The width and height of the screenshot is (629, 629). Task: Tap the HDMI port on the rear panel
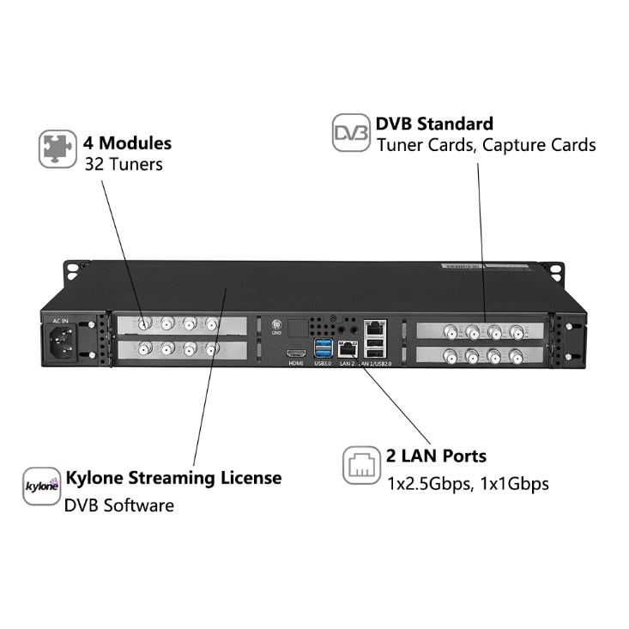(x=296, y=353)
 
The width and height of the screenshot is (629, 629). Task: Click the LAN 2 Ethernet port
(x=346, y=348)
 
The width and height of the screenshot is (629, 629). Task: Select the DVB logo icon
(x=350, y=134)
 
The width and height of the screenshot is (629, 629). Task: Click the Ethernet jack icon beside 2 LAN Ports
(x=360, y=466)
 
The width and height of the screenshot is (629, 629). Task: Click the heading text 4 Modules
(x=127, y=142)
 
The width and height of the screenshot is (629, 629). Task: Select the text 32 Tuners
(x=124, y=163)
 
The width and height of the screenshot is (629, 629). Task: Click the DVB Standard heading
(x=434, y=124)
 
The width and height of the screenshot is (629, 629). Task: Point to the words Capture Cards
(x=539, y=145)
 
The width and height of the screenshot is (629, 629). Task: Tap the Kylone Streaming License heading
(x=173, y=477)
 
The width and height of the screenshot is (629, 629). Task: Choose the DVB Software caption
(x=118, y=505)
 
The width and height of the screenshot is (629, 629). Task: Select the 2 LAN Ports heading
(x=437, y=456)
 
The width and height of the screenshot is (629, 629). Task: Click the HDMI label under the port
(x=296, y=364)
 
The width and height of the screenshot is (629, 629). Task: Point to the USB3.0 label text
(x=323, y=364)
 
